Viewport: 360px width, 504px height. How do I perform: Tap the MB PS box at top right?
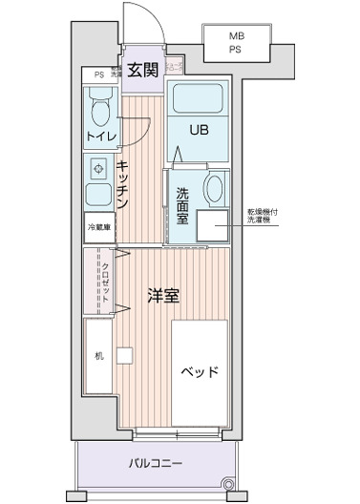pos(235,43)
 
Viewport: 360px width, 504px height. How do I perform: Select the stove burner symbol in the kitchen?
pos(98,169)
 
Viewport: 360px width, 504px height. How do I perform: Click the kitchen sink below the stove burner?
pos(97,197)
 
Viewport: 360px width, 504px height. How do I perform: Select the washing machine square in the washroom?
pos(212,223)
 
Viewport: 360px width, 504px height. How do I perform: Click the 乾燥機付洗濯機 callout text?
pos(265,217)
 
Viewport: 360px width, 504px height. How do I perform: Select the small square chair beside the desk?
pos(124,357)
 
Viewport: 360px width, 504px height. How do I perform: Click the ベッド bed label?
pos(200,371)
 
